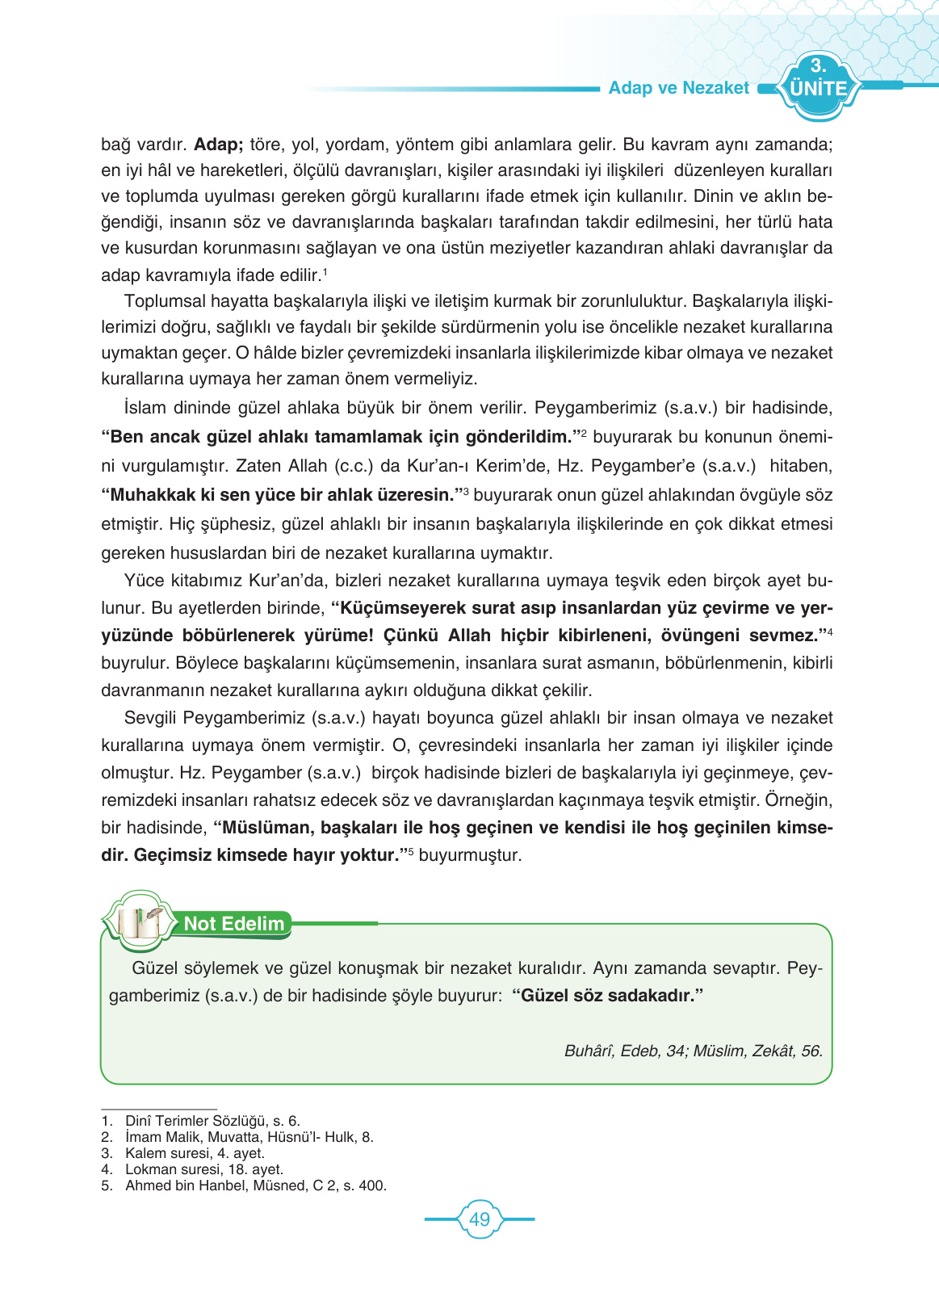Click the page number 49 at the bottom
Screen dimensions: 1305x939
click(479, 1219)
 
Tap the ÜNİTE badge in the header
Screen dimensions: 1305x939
click(818, 88)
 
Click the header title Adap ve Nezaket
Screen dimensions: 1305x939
click(678, 88)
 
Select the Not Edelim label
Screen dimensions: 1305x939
click(234, 924)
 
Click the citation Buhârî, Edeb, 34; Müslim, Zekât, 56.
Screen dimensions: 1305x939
click(693, 1051)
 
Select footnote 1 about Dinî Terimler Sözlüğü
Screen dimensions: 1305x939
click(212, 1121)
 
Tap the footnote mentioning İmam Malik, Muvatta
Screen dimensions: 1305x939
click(249, 1137)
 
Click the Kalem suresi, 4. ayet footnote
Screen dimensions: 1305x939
click(194, 1153)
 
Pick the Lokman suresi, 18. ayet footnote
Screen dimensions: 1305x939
click(203, 1169)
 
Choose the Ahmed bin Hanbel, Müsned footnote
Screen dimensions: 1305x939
click(255, 1185)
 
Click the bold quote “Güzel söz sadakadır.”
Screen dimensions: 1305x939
click(607, 996)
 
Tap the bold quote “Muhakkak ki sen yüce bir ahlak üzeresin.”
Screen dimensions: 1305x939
click(281, 495)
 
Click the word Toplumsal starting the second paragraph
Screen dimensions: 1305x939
click(165, 301)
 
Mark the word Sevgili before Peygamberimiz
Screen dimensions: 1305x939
click(151, 718)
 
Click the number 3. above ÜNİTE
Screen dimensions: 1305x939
click(818, 66)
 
